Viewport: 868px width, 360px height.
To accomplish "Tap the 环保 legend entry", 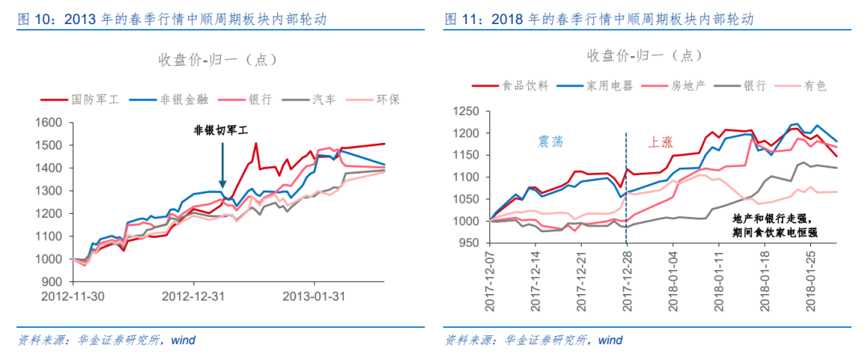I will (x=389, y=100).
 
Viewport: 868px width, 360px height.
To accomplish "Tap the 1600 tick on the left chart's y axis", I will (x=50, y=123).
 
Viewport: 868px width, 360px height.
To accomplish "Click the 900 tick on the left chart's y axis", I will (x=53, y=283).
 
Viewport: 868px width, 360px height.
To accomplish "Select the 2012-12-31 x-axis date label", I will (x=193, y=296).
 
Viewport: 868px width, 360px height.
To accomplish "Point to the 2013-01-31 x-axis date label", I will (x=313, y=296).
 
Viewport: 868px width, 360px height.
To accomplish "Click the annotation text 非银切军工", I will (x=221, y=130).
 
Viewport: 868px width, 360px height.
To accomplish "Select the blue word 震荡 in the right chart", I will (x=551, y=141).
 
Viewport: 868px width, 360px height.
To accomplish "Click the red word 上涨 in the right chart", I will (x=660, y=141).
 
